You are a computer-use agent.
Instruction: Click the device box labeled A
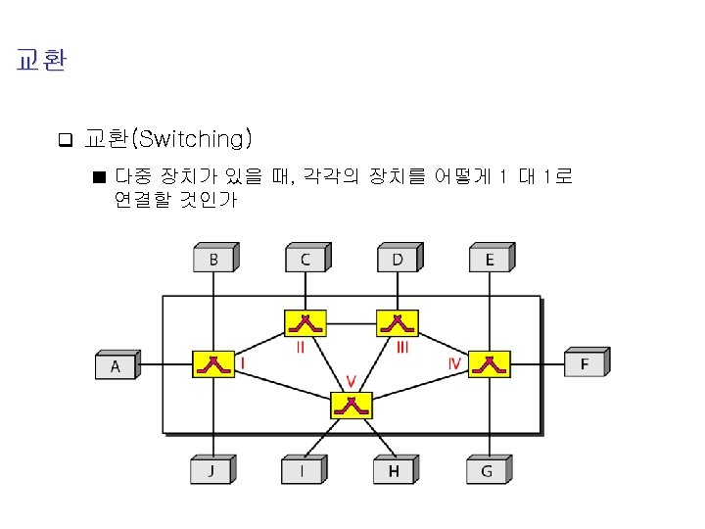coord(116,366)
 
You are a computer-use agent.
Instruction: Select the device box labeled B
coord(213,260)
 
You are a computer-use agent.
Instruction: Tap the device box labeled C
coord(305,260)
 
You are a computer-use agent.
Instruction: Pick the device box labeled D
coord(398,260)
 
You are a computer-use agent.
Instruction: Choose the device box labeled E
coord(490,260)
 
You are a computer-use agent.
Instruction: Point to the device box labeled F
coord(586,364)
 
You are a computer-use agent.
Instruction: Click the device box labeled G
coord(487,471)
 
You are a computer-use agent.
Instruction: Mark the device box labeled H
coord(394,471)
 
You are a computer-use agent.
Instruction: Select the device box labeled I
coord(302,471)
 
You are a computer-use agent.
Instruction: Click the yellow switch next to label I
coord(212,364)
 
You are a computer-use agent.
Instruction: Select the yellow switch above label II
coord(305,322)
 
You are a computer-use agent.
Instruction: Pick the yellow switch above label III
coord(398,322)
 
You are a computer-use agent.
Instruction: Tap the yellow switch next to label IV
coord(489,364)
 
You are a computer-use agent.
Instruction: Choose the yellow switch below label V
coord(351,404)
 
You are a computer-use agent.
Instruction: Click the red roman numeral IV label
coord(454,362)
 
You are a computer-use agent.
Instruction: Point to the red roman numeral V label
coord(351,380)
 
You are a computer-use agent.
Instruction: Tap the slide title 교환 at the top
coord(41,61)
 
